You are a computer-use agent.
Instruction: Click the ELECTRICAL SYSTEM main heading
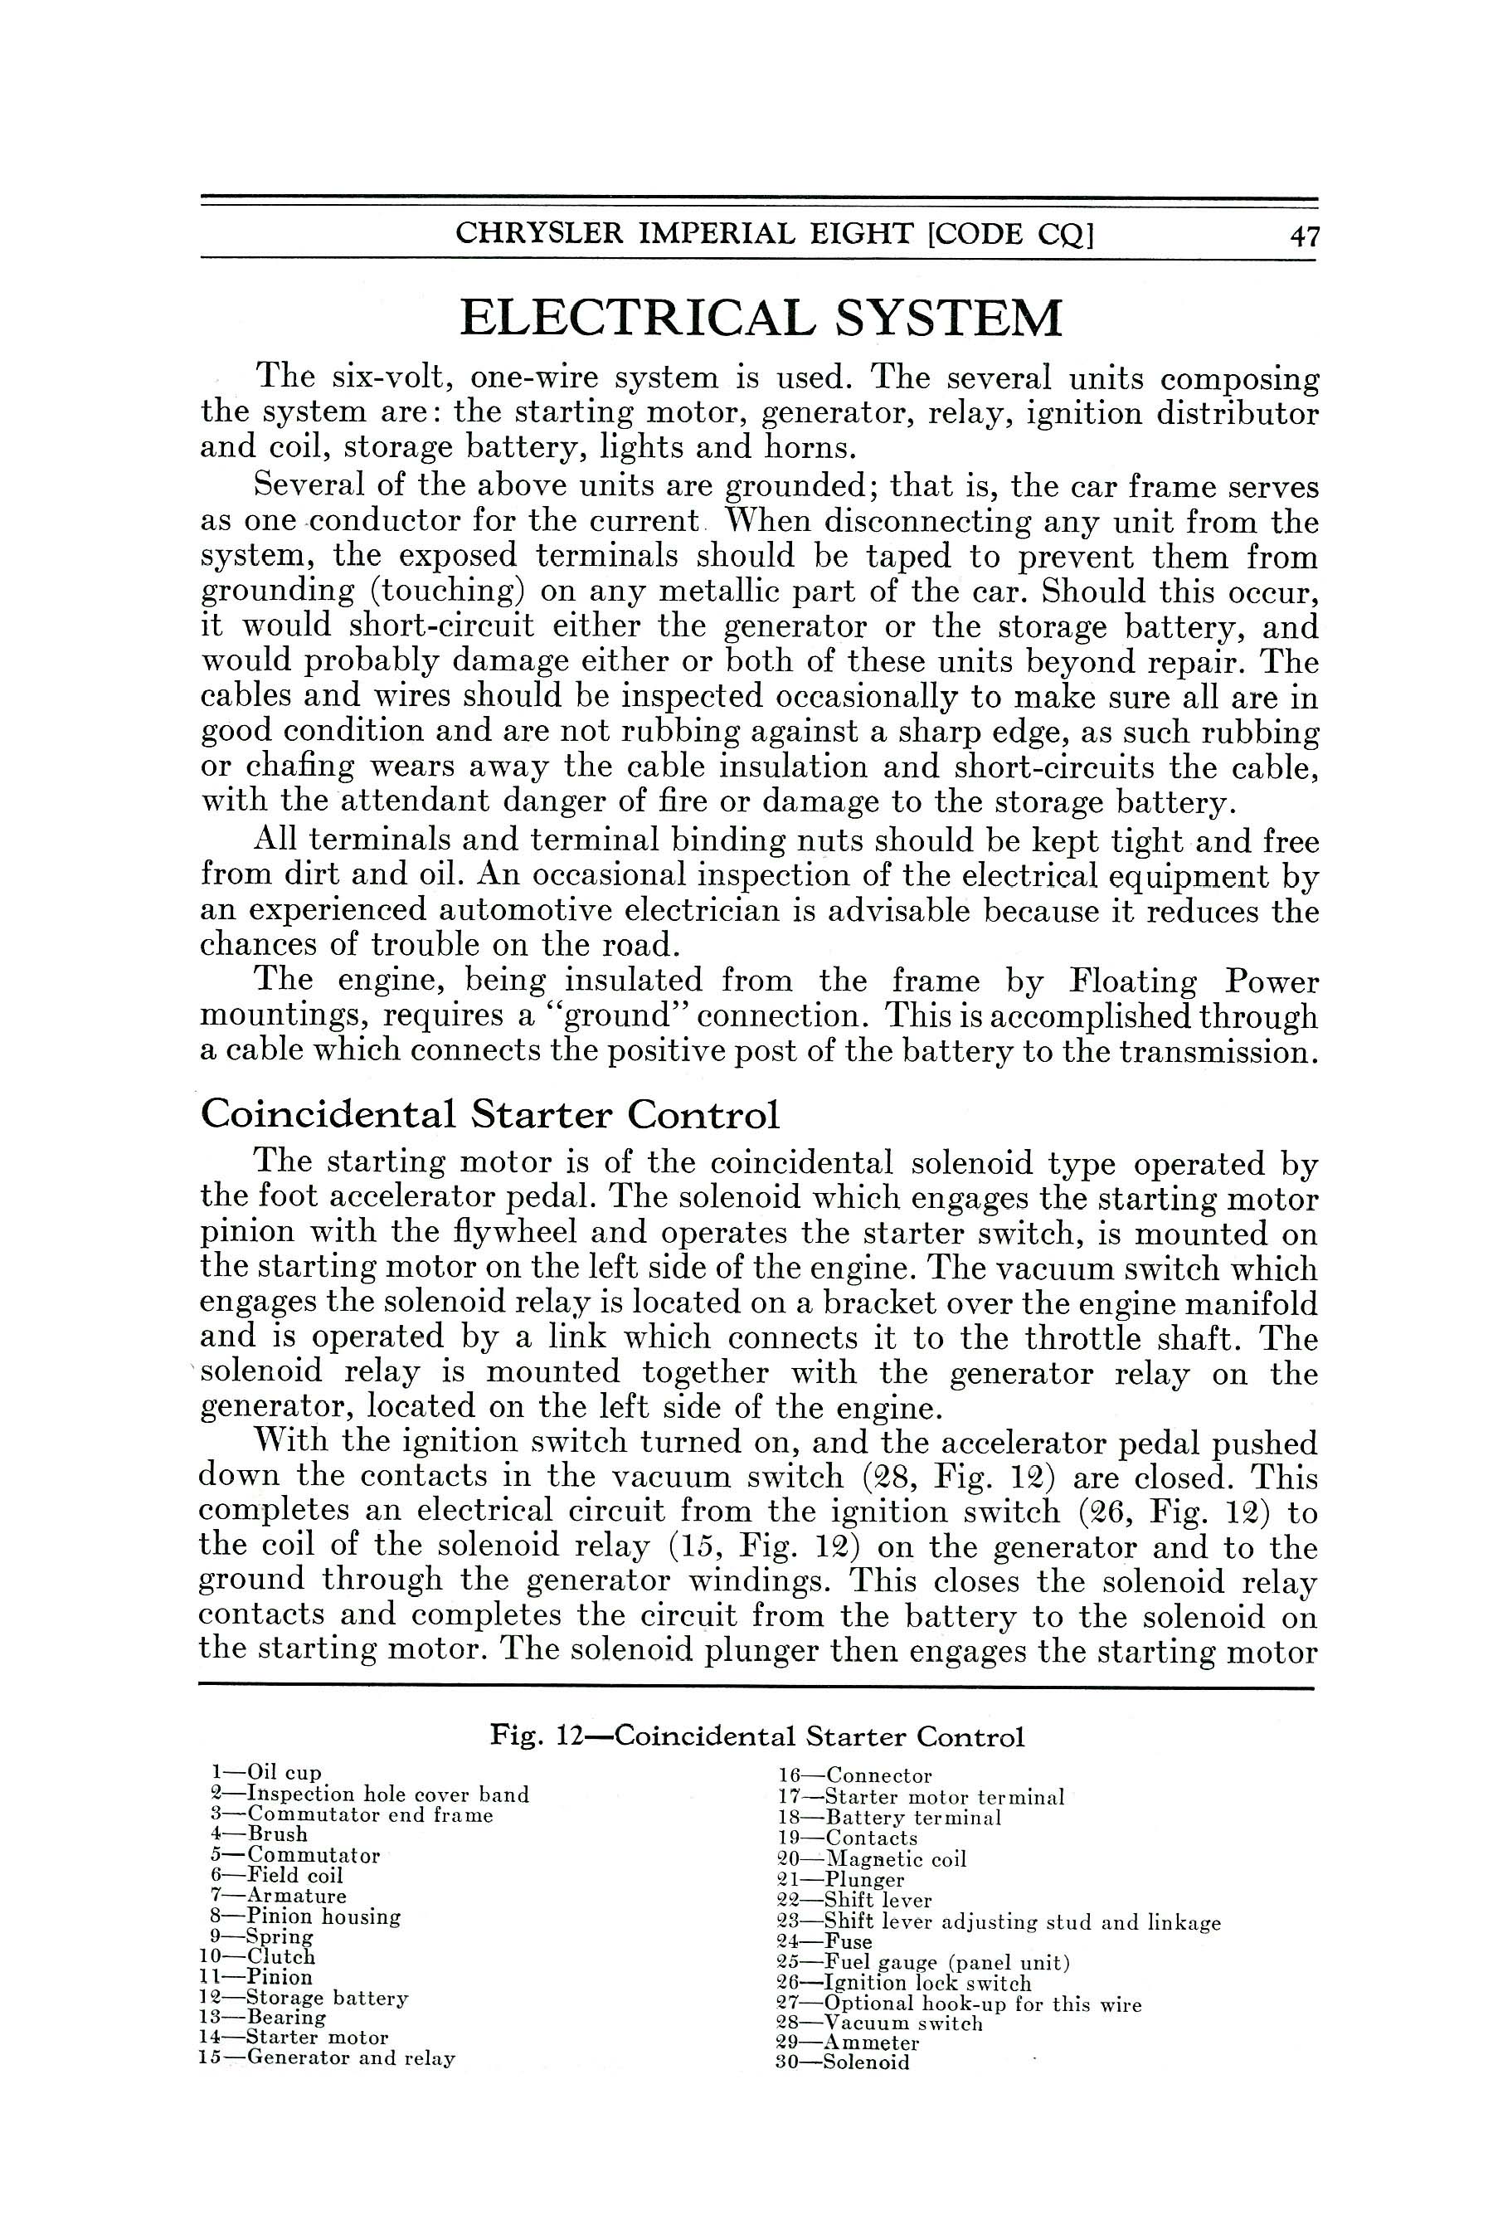point(760,318)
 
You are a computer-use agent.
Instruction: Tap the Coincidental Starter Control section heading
point(489,1113)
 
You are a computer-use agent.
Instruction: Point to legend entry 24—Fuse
point(824,1942)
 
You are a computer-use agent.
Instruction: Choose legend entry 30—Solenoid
point(844,2062)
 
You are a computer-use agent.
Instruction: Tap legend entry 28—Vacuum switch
point(880,2023)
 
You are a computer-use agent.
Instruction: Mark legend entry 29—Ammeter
point(849,2043)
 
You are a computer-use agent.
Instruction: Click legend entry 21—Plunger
point(841,1880)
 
